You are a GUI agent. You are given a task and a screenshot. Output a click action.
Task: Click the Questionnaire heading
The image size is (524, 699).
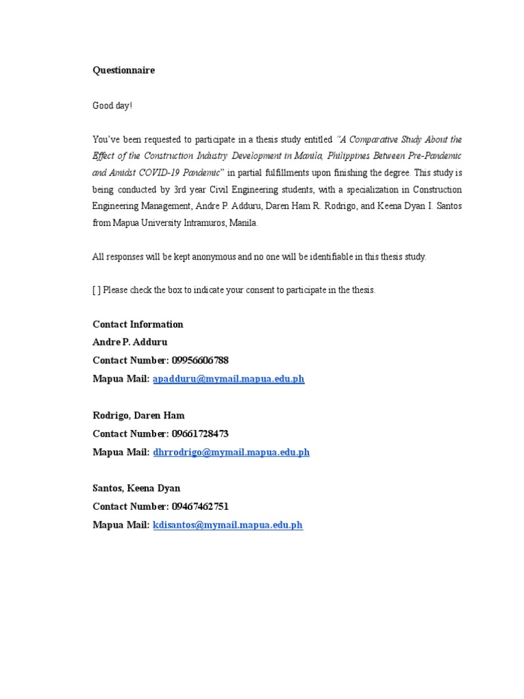point(123,70)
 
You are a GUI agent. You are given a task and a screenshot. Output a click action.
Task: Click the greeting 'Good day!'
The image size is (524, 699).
point(113,106)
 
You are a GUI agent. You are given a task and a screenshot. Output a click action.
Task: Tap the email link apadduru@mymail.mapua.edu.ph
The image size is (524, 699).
point(229,379)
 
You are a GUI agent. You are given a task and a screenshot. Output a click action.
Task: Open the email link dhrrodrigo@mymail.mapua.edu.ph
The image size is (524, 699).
point(231,452)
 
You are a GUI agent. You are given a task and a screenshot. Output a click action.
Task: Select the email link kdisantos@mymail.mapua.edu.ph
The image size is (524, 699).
point(228,525)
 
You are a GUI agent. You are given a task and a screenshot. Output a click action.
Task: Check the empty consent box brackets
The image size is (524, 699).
point(96,290)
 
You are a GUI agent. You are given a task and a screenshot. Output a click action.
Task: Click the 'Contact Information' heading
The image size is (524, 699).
point(138,324)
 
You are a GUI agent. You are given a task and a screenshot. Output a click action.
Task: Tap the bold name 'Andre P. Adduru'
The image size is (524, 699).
point(130,342)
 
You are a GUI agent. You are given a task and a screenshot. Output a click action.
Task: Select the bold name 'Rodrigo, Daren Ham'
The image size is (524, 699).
point(139,415)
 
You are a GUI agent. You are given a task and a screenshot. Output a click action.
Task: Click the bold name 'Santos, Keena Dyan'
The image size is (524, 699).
point(136,488)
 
